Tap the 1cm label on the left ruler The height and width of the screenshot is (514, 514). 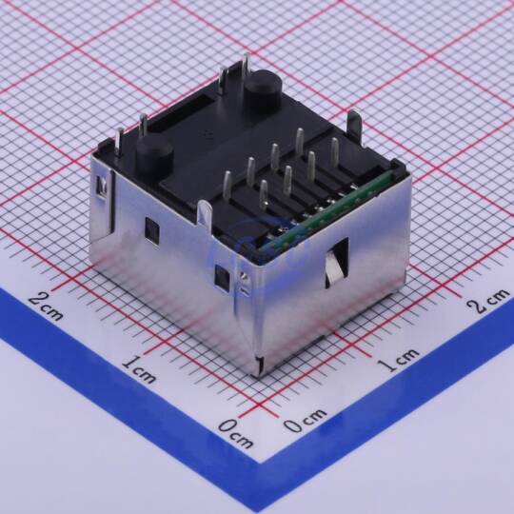pos(139,369)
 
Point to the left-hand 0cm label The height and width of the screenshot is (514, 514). pos(235,433)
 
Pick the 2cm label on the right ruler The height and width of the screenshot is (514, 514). pos(488,301)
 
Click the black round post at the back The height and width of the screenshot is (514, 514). pos(264,88)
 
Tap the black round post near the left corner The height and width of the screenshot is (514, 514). pos(154,157)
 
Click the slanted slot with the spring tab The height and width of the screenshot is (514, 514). pos(337,263)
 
